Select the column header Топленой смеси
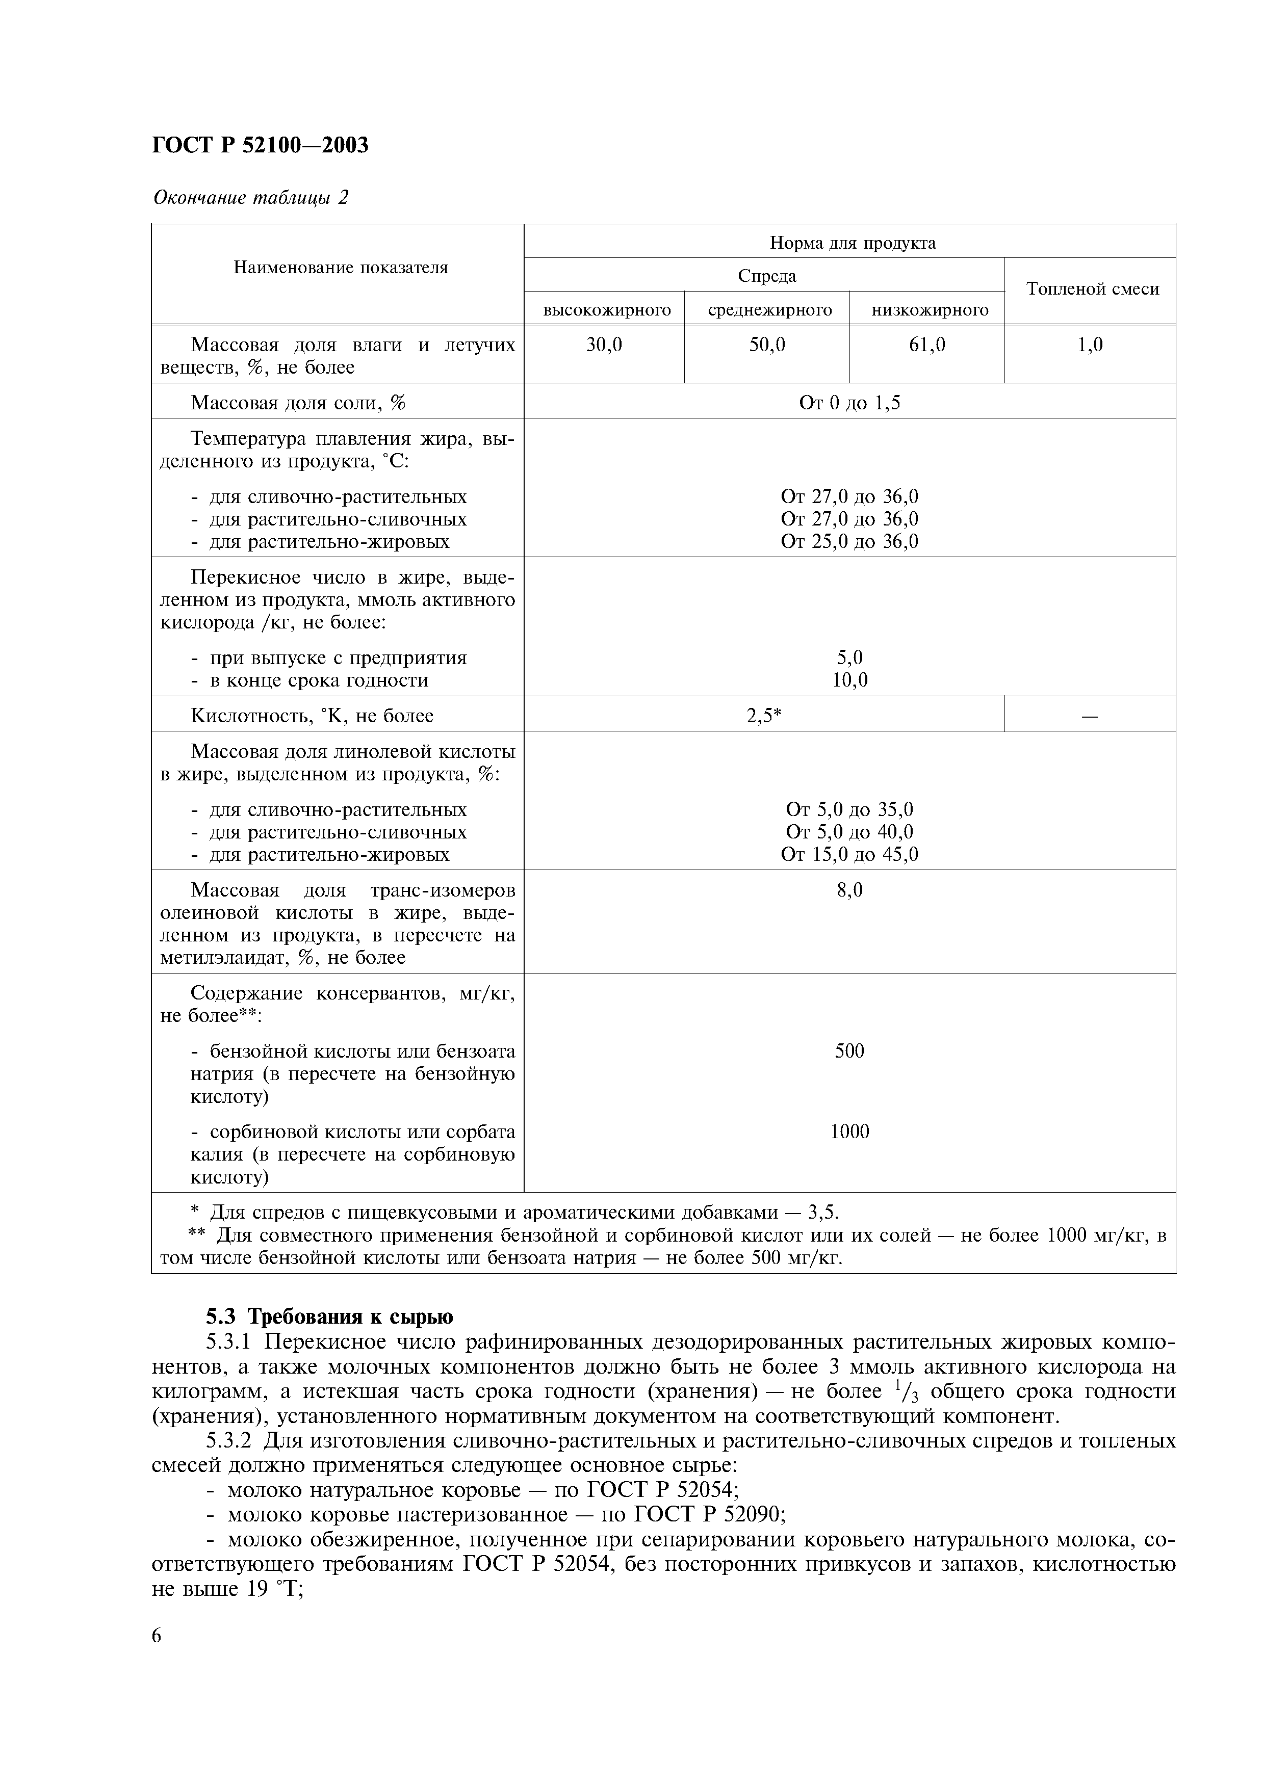1092,290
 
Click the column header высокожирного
607,310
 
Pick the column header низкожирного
929,310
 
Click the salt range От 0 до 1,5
849,403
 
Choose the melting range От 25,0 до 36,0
849,541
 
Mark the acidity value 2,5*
763,716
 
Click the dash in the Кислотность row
1090,716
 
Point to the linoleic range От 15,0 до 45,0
849,854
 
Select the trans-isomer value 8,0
849,890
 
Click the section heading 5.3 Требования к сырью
329,1316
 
